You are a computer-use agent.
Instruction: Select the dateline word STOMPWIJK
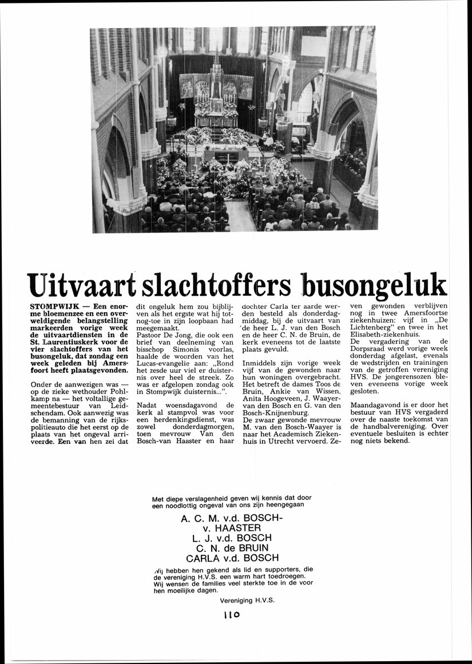pyautogui.click(x=54, y=307)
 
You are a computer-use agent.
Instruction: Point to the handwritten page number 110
pyautogui.click(x=231, y=615)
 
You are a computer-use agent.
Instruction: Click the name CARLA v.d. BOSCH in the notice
pyautogui.click(x=232, y=558)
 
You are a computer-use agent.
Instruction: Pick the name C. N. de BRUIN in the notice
pyautogui.click(x=232, y=548)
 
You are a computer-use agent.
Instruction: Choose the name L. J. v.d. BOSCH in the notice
pyautogui.click(x=232, y=538)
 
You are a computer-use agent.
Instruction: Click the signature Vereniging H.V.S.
pyautogui.click(x=247, y=601)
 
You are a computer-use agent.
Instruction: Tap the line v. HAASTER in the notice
pyautogui.click(x=232, y=528)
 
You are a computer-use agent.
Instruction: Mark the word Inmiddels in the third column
pyautogui.click(x=261, y=363)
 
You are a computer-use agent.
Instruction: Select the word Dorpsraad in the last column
pyautogui.click(x=370, y=348)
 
